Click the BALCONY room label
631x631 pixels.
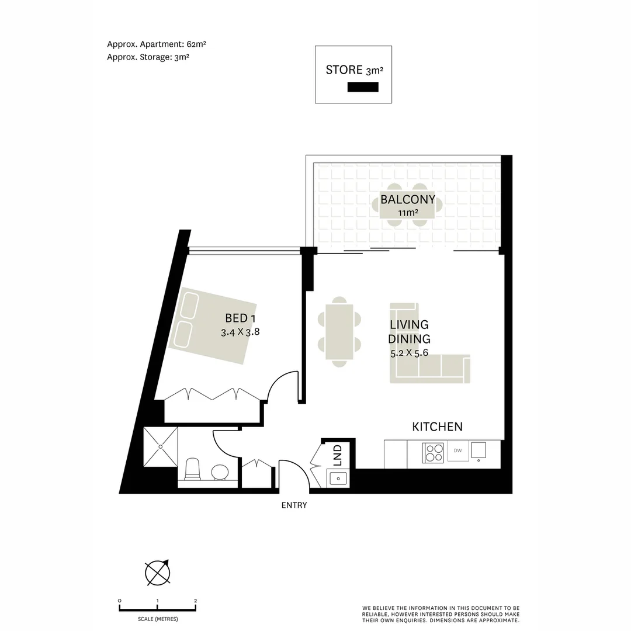(x=407, y=199)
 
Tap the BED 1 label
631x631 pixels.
(x=241, y=318)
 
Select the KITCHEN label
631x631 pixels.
(x=437, y=427)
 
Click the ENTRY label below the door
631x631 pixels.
(x=294, y=505)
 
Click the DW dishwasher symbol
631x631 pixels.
(x=457, y=450)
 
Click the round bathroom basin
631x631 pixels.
(x=219, y=471)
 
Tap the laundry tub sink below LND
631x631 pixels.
(x=338, y=479)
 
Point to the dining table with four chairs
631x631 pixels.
(x=339, y=331)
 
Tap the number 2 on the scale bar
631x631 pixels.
(x=195, y=601)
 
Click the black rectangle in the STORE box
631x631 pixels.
(x=363, y=87)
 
